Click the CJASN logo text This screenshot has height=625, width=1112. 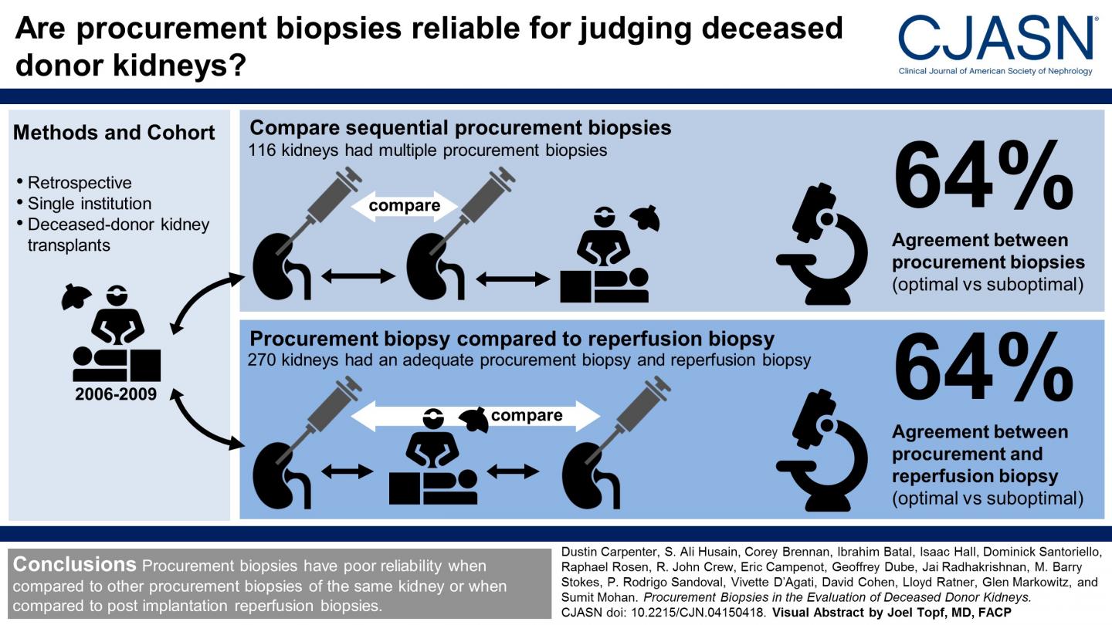point(995,39)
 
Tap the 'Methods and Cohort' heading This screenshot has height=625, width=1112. point(114,133)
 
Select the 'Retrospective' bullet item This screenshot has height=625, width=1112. point(80,183)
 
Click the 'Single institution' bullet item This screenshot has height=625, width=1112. point(90,204)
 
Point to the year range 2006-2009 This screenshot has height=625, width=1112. point(116,394)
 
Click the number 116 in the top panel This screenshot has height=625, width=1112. point(262,150)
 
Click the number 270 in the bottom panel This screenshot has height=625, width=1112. point(262,360)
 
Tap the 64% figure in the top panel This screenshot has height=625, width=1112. point(984,176)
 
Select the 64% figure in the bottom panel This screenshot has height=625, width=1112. point(984,367)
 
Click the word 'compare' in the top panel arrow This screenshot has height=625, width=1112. point(404,206)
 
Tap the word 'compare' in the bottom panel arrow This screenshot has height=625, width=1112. point(527,416)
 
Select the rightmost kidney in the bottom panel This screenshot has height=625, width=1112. point(591,476)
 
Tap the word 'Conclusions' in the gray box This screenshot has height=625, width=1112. point(74,565)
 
